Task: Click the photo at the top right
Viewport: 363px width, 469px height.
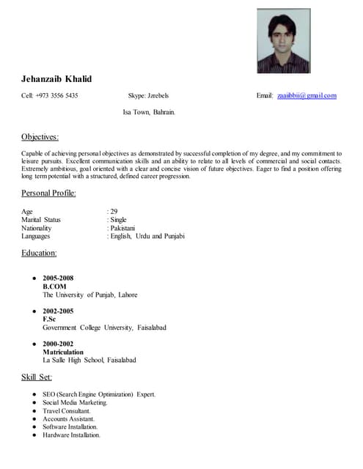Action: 290,40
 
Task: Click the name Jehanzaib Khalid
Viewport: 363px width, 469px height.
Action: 56,78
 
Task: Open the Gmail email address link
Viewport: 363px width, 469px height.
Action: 307,96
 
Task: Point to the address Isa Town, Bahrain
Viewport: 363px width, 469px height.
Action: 148,113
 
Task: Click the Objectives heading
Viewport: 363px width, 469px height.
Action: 40,137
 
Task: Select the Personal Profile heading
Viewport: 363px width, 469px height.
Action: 48,193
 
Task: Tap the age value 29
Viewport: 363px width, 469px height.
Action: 114,212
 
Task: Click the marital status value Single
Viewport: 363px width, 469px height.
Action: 119,220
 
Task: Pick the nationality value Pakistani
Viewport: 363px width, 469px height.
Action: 122,228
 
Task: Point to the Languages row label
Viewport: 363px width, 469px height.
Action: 37,236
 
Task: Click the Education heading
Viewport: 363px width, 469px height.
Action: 39,253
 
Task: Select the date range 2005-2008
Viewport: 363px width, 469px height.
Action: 58,278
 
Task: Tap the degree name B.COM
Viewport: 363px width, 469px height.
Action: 55,287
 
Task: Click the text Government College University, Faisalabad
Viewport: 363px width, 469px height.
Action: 104,328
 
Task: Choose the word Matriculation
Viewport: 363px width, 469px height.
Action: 63,352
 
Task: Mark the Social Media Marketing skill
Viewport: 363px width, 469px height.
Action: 75,403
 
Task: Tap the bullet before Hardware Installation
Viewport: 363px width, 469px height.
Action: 34,435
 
